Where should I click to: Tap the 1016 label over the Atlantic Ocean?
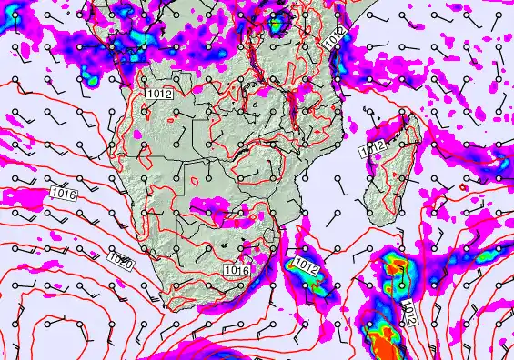(x=63, y=193)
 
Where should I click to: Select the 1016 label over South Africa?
(x=237, y=271)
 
